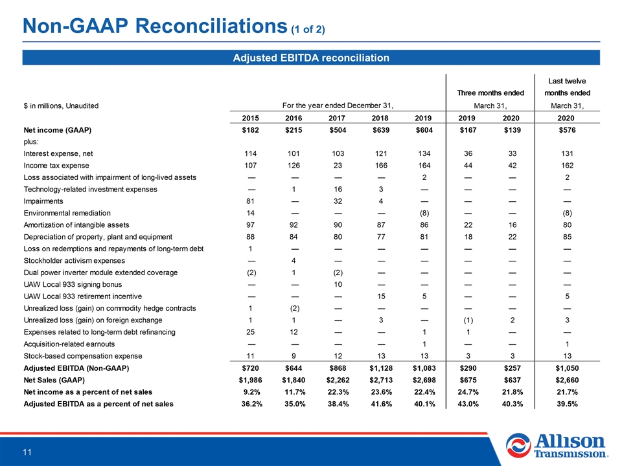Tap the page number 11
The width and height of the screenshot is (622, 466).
[x=27, y=452]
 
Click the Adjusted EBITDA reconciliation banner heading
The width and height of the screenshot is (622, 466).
[x=311, y=58]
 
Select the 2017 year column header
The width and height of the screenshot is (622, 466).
[x=337, y=118]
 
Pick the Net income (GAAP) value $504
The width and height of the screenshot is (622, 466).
[x=338, y=130]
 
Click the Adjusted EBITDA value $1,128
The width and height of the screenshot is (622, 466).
[x=381, y=368]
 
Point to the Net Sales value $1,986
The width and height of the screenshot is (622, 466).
[x=250, y=380]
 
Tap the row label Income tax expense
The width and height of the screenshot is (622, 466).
[x=56, y=166]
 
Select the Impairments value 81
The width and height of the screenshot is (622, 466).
[x=250, y=201]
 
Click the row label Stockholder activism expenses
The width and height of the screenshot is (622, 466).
[x=74, y=261]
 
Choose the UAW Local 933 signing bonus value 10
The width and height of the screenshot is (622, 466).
[x=338, y=285]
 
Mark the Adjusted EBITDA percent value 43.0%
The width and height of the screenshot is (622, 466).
[x=468, y=404]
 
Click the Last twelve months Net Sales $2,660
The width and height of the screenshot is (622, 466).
[x=567, y=380]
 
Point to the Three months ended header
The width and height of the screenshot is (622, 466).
[x=490, y=93]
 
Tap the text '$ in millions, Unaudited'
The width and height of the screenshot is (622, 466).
[x=61, y=105]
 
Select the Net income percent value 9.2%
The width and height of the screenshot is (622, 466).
[x=251, y=392]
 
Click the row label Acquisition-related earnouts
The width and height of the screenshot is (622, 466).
[x=69, y=344]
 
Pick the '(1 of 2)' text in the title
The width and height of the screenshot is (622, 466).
[x=308, y=30]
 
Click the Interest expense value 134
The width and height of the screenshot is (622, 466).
[x=424, y=154]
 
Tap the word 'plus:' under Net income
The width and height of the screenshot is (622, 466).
[x=31, y=142]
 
